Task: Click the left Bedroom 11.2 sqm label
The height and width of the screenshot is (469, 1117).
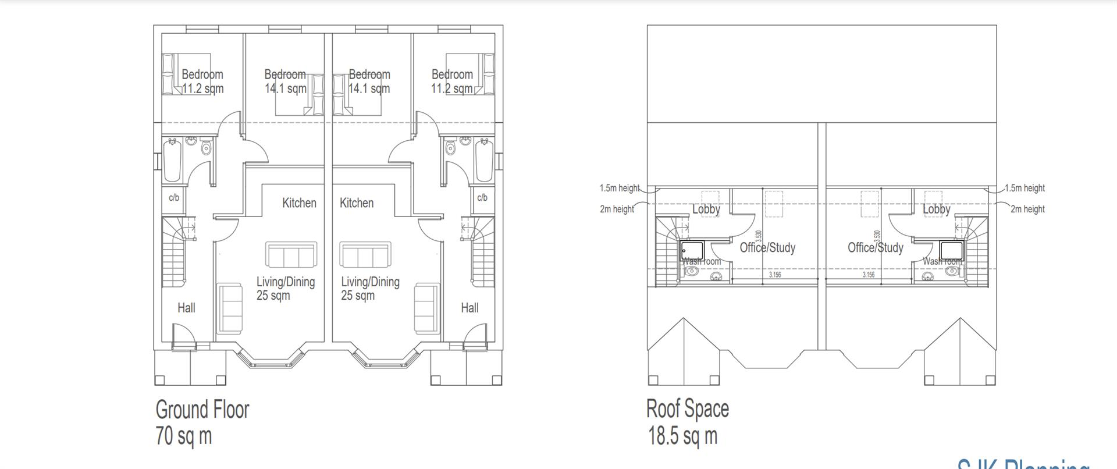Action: tap(202, 81)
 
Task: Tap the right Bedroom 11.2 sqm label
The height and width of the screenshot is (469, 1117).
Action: tap(452, 81)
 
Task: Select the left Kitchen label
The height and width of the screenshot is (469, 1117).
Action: tap(299, 203)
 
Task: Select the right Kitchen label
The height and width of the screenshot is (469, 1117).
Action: tap(357, 203)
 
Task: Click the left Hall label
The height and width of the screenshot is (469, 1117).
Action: tap(186, 308)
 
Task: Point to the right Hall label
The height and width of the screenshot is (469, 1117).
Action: tap(469, 308)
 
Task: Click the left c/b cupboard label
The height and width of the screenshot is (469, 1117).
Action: tap(173, 198)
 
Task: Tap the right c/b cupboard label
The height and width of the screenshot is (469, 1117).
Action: tap(482, 198)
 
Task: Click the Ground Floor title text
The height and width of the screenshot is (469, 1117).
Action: tap(202, 410)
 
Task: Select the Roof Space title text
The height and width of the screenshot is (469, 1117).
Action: tap(687, 408)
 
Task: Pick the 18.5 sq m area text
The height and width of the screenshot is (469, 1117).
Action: tap(683, 436)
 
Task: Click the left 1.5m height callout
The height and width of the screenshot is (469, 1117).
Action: tap(620, 189)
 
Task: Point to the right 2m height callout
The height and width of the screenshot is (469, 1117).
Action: tap(1027, 209)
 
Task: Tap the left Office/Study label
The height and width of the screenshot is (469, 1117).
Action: tap(767, 248)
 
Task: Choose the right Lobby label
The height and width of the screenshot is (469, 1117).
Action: tap(936, 209)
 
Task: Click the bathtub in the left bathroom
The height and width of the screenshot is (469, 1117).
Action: tap(173, 160)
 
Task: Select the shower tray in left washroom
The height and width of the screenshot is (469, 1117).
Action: tap(692, 251)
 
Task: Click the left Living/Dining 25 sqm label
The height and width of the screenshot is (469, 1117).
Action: tap(285, 289)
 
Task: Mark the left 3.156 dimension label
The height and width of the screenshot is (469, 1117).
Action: tap(775, 275)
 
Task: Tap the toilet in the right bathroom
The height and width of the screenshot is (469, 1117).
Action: tap(450, 148)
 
